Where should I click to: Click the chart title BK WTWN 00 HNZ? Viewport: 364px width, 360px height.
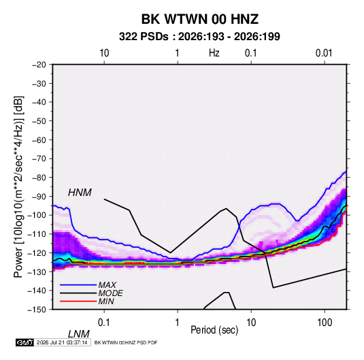[x=200, y=19]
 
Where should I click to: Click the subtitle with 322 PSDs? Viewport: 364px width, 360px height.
[x=199, y=37]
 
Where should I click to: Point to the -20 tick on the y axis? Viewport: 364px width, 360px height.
[x=39, y=65]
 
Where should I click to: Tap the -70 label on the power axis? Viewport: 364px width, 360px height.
[x=39, y=159]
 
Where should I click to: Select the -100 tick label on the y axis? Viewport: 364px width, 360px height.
[x=37, y=215]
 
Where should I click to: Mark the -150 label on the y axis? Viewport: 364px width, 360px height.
[x=37, y=310]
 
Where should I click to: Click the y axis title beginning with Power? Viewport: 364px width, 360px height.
[x=18, y=187]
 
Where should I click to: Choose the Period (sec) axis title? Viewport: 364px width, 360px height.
[x=214, y=330]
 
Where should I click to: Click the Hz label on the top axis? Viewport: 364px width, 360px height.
[x=214, y=53]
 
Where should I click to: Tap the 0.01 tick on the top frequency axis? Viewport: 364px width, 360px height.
[x=324, y=53]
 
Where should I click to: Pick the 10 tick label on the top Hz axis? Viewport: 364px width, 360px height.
[x=104, y=53]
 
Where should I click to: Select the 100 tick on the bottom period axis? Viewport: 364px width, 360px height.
[x=325, y=323]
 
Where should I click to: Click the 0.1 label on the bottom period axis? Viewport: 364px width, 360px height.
[x=104, y=323]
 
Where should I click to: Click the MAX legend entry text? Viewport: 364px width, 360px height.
[x=107, y=285]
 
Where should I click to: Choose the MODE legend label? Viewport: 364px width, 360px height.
[x=110, y=293]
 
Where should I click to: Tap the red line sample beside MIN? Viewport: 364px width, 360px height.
[x=78, y=301]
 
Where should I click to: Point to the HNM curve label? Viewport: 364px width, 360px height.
[x=80, y=193]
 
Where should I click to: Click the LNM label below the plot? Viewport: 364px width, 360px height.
[x=79, y=334]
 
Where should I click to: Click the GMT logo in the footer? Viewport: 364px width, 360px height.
[x=24, y=342]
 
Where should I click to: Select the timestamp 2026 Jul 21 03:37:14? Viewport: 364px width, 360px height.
[x=62, y=342]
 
